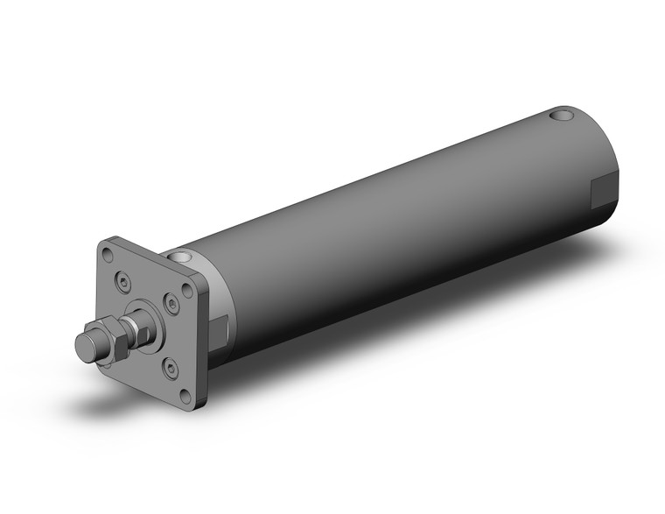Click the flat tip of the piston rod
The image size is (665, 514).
coord(86,344)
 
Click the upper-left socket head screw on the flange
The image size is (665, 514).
coord(122,281)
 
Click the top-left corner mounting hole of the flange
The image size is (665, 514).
coord(107,255)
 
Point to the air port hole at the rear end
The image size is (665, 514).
coord(558,115)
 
